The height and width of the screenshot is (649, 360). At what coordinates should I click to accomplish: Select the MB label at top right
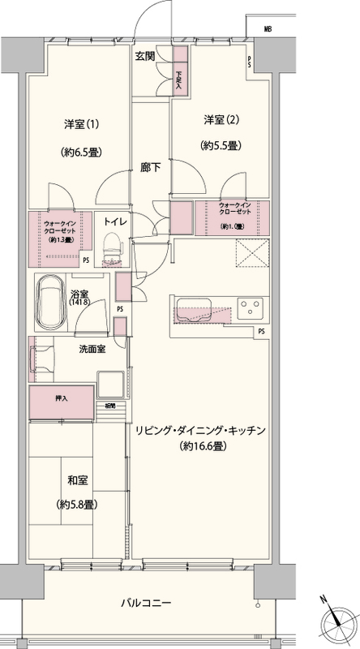267,28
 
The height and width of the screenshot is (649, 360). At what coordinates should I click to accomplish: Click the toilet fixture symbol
112,245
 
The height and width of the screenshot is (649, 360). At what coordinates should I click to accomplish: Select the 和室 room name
78,479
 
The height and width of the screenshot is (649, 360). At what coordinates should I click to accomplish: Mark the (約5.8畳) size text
78,504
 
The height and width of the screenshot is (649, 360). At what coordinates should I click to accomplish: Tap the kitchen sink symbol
192,312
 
